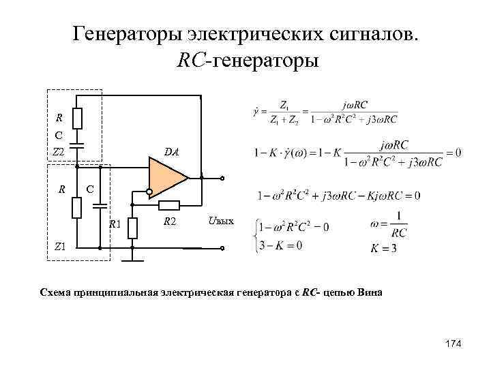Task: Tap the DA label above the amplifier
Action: click(x=171, y=153)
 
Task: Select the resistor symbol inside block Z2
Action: click(x=77, y=119)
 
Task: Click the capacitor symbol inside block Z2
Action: click(x=77, y=144)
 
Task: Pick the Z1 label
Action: click(x=60, y=247)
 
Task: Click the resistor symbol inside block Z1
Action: click(x=77, y=207)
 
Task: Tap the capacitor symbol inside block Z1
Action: click(x=100, y=203)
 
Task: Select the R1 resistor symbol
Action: click(x=133, y=228)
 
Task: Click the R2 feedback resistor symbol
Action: click(x=168, y=204)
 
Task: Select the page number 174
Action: click(x=453, y=345)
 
